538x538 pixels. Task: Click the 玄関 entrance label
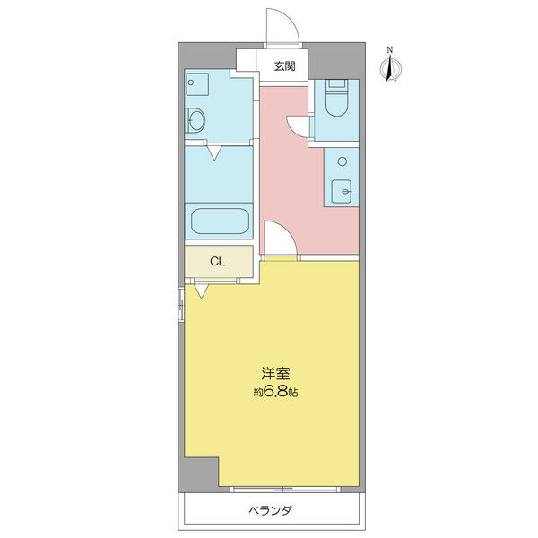pos(285,65)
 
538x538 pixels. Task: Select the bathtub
pos(220,221)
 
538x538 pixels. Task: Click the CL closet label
pos(217,262)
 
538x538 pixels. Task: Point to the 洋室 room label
pos(275,374)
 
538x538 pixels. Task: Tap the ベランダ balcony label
pos(271,511)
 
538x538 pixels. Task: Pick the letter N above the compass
pos(389,49)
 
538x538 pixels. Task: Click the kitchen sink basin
pos(342,191)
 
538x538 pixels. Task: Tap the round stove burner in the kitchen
pos(341,161)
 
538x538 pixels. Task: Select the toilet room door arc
pos(299,127)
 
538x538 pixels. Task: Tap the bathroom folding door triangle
pos(215,152)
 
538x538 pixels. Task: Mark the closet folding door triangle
pos(201,290)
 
